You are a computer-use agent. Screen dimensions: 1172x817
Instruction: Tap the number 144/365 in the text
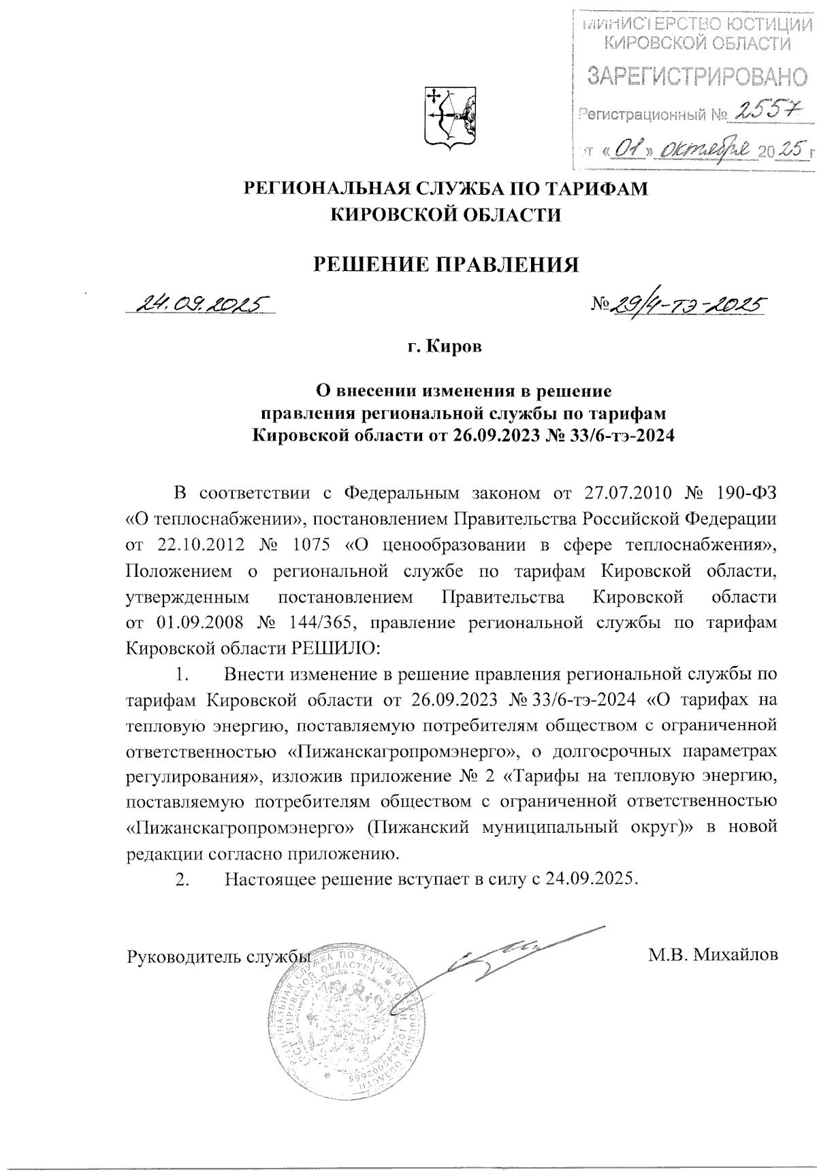point(328,622)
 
